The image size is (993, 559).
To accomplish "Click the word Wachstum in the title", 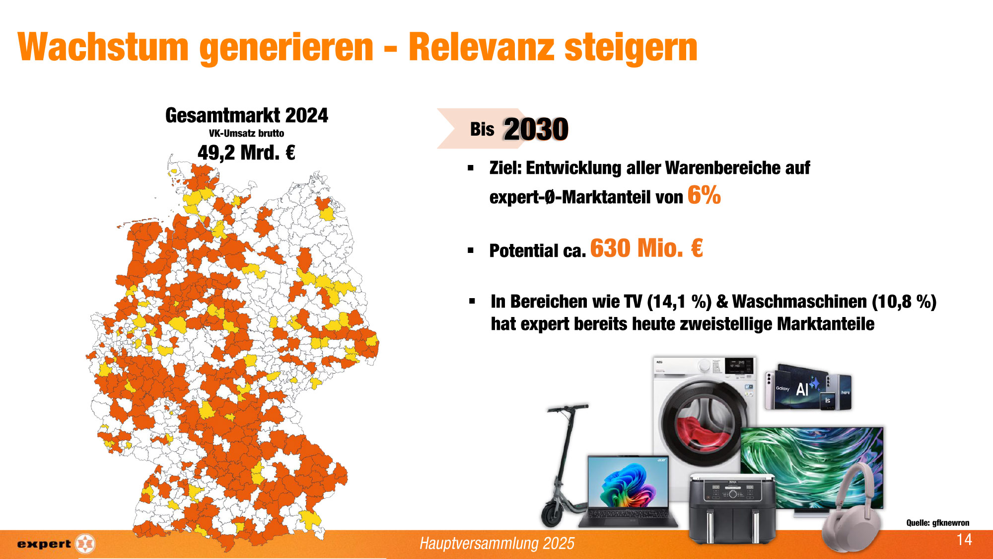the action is [x=103, y=47].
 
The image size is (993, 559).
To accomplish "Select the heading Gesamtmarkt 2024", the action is [x=247, y=115].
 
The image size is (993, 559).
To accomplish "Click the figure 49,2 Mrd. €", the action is [x=246, y=153].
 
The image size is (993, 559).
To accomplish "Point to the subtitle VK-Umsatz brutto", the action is [x=246, y=133].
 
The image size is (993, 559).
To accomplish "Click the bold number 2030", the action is [x=536, y=129].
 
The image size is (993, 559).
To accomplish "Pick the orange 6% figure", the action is [x=704, y=195].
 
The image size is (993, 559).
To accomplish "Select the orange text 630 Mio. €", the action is [x=646, y=248].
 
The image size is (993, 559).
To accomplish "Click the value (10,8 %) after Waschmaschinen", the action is [x=904, y=302].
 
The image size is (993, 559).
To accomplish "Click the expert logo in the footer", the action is [x=56, y=544].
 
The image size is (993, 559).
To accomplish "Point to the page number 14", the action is [x=964, y=540].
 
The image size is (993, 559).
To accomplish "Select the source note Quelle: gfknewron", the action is [x=938, y=523].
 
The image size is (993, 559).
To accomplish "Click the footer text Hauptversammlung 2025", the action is [x=497, y=544].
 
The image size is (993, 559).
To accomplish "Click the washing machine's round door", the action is [x=704, y=423].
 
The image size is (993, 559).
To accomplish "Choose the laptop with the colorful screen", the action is [x=629, y=492].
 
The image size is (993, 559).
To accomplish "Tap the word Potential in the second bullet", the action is [x=524, y=250].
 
